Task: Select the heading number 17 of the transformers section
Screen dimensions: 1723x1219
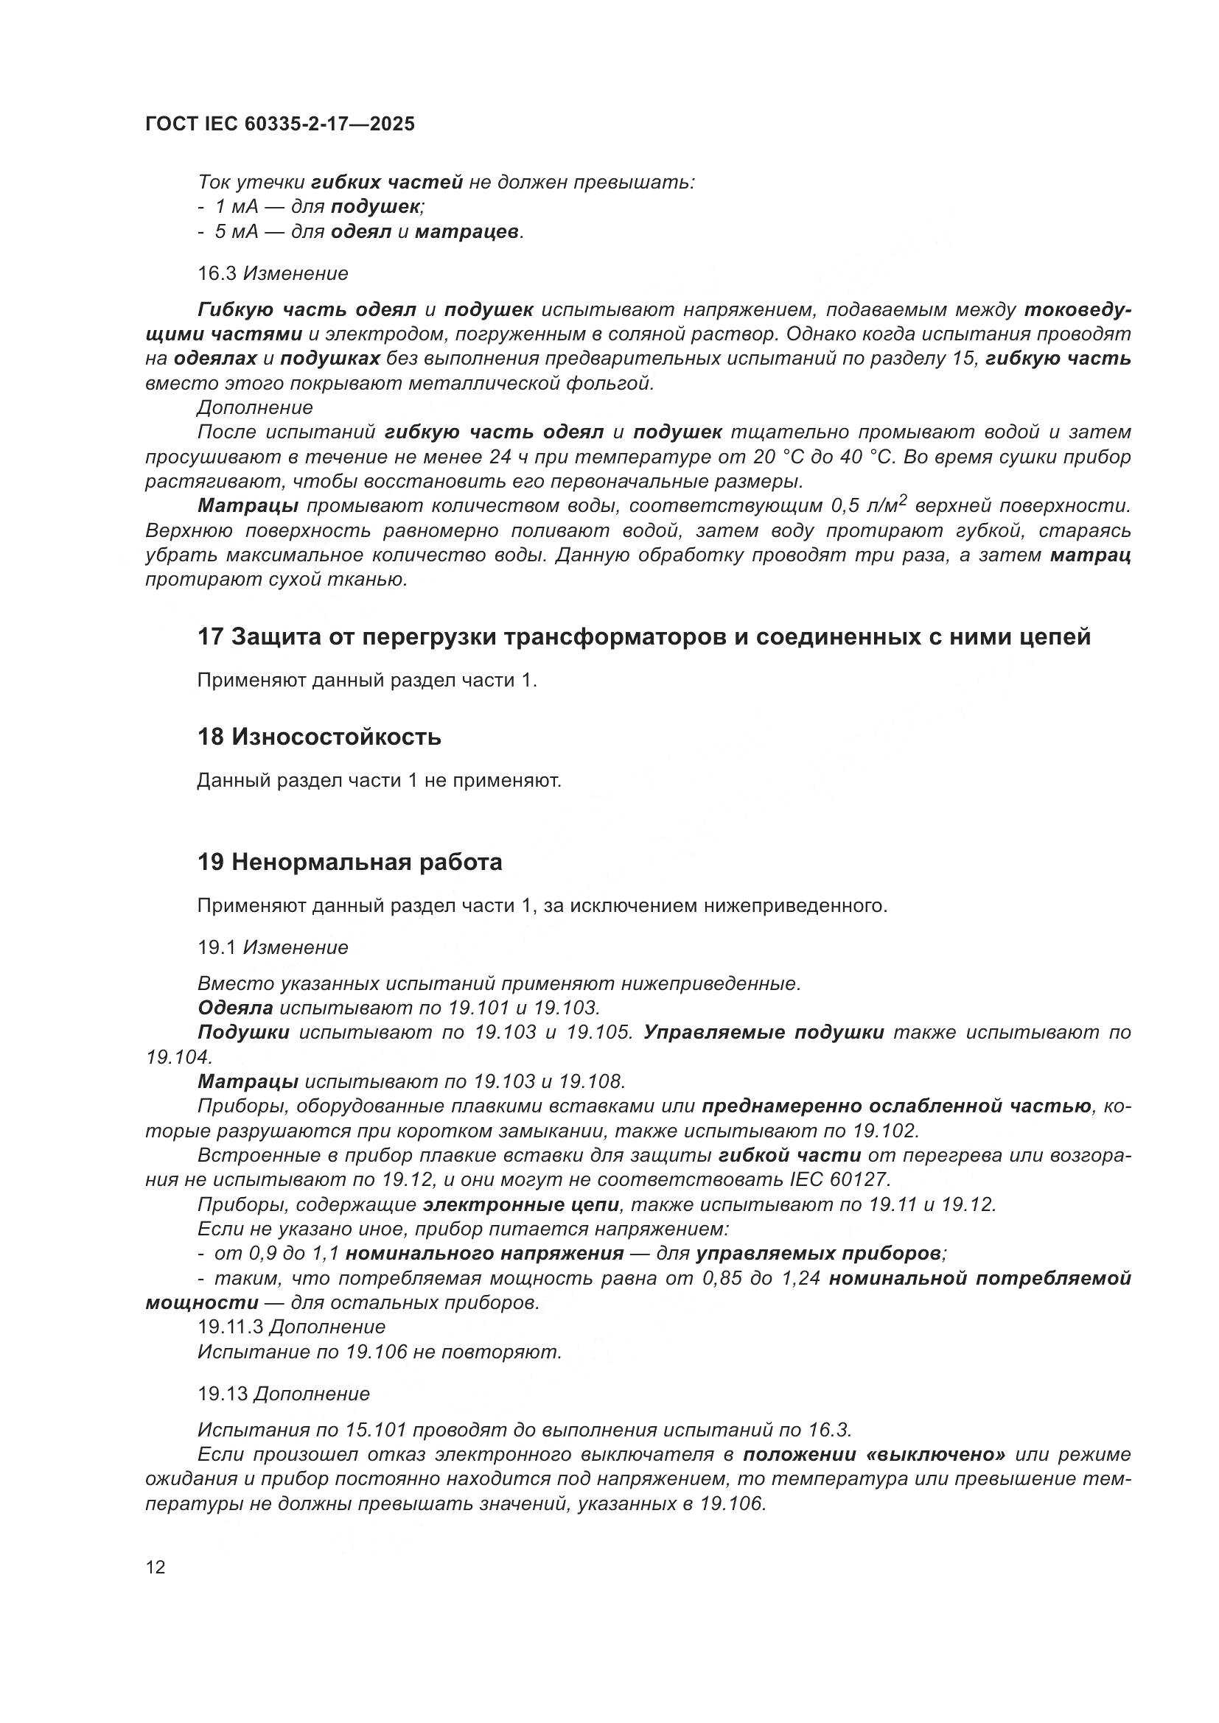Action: (210, 637)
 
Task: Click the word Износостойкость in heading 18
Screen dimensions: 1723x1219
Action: (335, 737)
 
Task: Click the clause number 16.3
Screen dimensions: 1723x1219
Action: (217, 273)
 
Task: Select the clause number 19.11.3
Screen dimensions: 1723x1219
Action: (230, 1327)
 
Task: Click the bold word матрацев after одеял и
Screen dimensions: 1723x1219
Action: (466, 231)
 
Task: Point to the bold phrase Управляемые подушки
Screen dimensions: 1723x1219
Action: (764, 1032)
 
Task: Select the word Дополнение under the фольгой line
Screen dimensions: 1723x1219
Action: (254, 407)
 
